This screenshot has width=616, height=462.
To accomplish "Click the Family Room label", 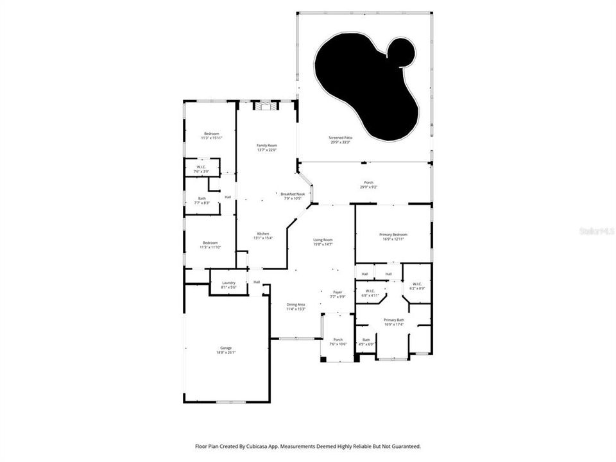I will click(266, 148).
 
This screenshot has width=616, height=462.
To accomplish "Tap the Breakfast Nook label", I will click(293, 196).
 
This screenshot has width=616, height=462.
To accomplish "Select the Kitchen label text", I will click(263, 235).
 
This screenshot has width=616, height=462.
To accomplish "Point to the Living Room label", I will click(323, 242).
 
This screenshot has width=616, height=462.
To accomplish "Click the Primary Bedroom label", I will click(393, 237).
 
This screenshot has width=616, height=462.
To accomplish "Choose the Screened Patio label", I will click(340, 139).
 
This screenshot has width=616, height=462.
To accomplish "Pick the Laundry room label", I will click(229, 285).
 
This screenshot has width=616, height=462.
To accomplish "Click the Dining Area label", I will click(295, 307).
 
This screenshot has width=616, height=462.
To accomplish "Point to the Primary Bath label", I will click(393, 321).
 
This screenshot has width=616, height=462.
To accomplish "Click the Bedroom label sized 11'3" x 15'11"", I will click(211, 135).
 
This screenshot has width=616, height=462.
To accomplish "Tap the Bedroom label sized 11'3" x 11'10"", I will click(211, 244).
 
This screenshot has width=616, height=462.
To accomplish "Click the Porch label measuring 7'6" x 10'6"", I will click(338, 341).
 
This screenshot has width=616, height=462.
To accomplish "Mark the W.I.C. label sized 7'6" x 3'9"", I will click(202, 169).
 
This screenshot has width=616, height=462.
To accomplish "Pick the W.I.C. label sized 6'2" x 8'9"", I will click(416, 286).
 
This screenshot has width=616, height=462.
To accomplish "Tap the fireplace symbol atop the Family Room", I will click(266, 107).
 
